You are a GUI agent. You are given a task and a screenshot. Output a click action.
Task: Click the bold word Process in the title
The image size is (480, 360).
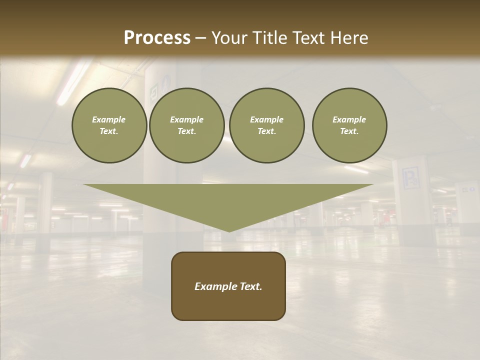(x=157, y=38)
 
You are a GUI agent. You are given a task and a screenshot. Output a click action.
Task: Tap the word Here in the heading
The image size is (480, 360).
(x=350, y=38)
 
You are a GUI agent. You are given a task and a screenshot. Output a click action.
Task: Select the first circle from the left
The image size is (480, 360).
(x=109, y=125)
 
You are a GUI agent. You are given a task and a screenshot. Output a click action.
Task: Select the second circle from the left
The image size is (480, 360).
(x=186, y=125)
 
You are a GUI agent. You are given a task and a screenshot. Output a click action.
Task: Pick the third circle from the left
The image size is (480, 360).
(x=266, y=125)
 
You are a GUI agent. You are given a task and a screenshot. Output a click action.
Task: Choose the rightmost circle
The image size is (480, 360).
(x=349, y=125)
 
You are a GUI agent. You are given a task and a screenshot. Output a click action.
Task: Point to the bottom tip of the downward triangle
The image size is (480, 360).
(x=229, y=231)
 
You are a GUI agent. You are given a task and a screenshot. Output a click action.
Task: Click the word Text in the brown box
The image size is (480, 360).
(x=250, y=286)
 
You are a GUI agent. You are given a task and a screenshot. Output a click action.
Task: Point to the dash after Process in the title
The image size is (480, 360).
(x=200, y=38)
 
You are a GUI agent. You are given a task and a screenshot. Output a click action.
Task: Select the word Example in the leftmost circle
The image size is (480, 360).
(x=109, y=119)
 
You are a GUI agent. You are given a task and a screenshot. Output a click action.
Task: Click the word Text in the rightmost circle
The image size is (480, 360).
(x=349, y=131)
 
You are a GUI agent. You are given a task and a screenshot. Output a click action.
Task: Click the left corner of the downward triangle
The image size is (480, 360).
(x=84, y=185)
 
